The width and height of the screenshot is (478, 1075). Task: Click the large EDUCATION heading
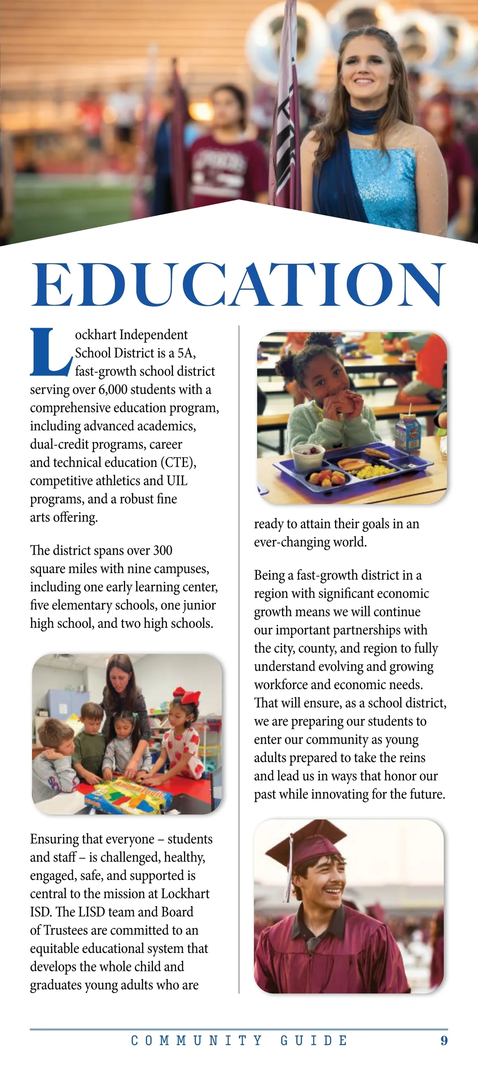[239, 285]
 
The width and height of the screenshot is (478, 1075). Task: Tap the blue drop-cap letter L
[49, 352]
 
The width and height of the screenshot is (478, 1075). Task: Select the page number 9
[444, 1041]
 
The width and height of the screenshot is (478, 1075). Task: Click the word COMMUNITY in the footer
[197, 1041]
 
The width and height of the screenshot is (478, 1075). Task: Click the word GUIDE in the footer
[313, 1041]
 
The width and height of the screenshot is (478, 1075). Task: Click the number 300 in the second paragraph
[163, 550]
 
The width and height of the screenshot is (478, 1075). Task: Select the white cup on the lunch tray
[308, 457]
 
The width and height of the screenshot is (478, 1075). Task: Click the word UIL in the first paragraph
[177, 481]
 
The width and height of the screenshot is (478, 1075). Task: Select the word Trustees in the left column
[66, 930]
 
